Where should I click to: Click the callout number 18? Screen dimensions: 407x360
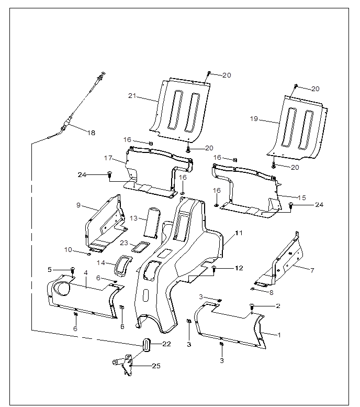[92, 133]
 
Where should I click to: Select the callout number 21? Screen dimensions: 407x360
[132, 96]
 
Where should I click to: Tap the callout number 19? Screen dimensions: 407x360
[254, 119]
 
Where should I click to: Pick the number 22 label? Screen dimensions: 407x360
[166, 344]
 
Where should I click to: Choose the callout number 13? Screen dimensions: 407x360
[133, 217]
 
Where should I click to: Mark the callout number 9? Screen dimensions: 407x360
[78, 205]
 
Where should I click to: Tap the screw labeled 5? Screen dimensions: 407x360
[73, 270]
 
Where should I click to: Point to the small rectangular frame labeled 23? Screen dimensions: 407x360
[140, 246]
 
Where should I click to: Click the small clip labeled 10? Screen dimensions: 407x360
[89, 254]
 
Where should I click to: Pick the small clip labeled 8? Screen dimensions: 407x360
[253, 288]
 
